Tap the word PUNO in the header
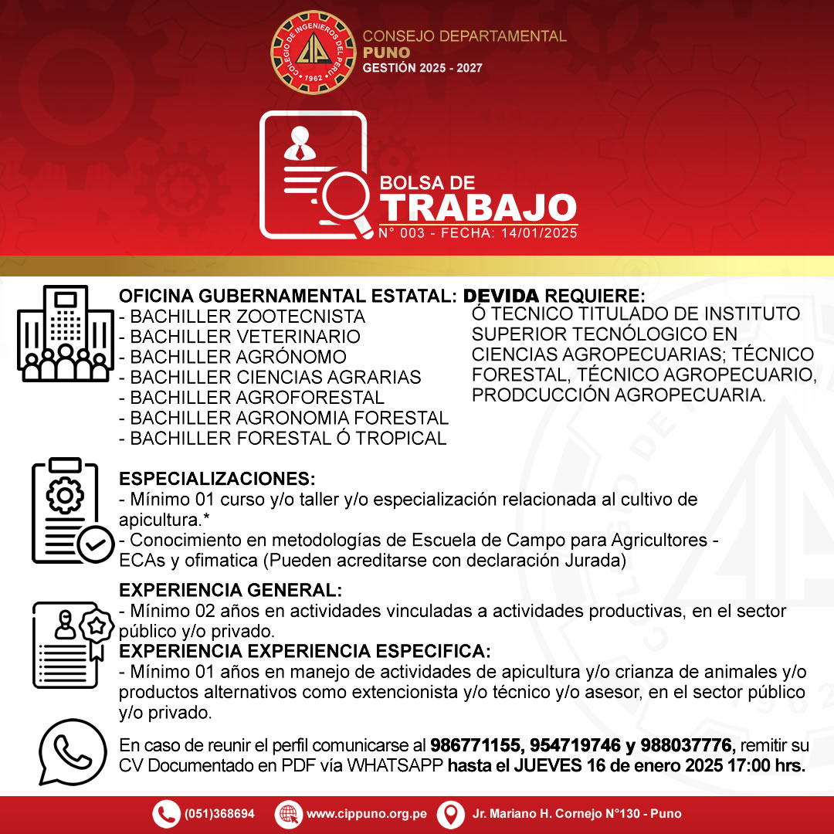[387, 52]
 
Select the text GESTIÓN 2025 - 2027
[422, 68]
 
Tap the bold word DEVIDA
[501, 297]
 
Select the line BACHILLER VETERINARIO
[239, 337]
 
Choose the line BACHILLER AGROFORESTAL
[251, 398]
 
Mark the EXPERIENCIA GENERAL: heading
[230, 591]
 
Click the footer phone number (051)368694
[219, 814]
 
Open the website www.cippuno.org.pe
[366, 814]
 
